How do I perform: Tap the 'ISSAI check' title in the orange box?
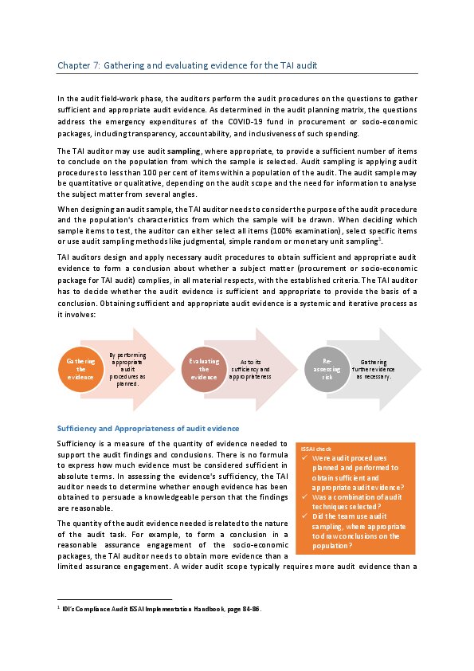311,449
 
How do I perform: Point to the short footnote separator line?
115,598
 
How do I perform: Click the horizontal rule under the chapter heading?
237,73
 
